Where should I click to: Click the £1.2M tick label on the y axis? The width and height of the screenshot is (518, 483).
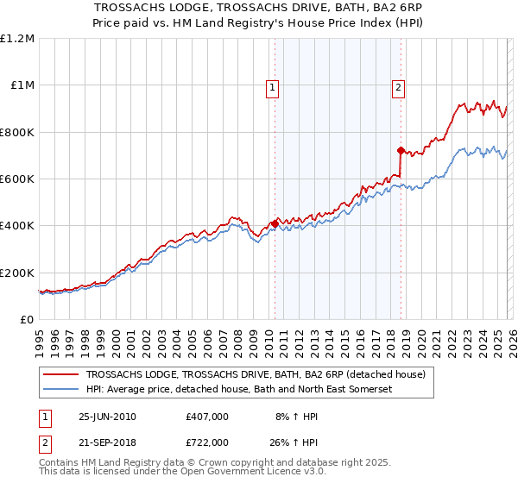coord(18,39)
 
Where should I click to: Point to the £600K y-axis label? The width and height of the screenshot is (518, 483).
coord(17,179)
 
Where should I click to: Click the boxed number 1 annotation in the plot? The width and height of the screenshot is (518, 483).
coord(272,86)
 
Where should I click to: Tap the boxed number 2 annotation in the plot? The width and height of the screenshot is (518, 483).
coord(398,86)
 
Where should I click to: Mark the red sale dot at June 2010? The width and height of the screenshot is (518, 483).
coord(275,224)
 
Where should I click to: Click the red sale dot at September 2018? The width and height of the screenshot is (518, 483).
coord(401,150)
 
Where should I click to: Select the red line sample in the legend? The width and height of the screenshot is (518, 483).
coord(61,375)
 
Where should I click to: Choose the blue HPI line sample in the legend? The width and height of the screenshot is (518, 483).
coord(61,390)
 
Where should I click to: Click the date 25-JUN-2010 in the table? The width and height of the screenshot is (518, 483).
coord(107,417)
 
